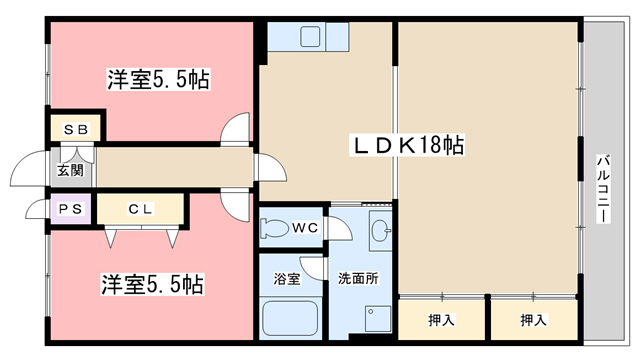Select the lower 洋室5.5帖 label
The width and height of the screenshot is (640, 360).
click(x=152, y=285)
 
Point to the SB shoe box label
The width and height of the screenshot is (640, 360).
click(x=76, y=130)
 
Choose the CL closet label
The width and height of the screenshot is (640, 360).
click(x=140, y=210)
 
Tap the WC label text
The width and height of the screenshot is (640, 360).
click(x=305, y=228)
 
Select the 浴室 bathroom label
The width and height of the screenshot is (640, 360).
click(x=287, y=279)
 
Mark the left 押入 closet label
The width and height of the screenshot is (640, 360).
click(x=442, y=321)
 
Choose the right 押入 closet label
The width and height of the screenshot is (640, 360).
click(x=533, y=321)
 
